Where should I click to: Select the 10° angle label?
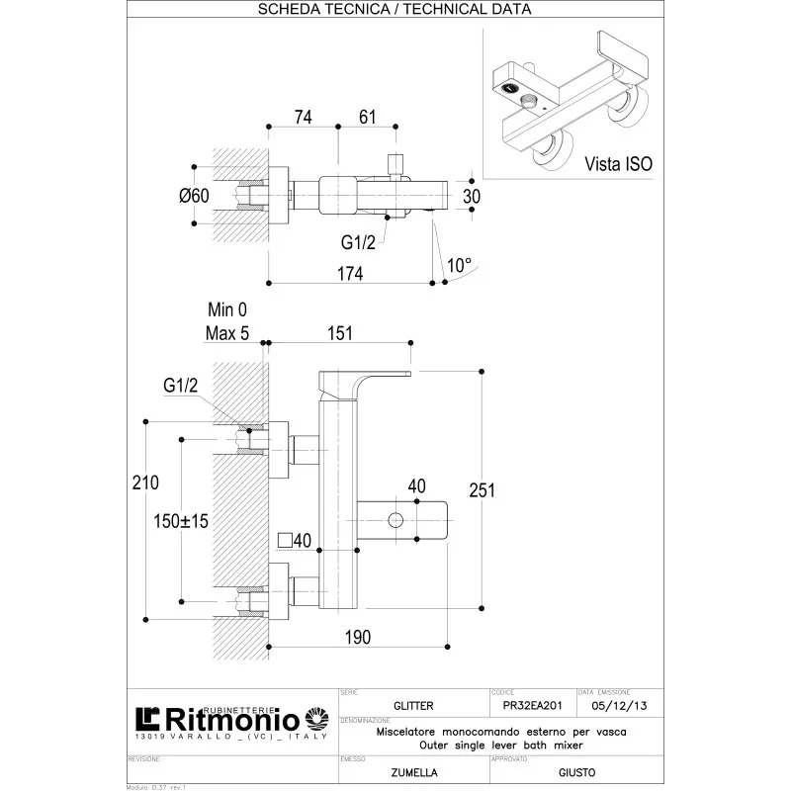460,264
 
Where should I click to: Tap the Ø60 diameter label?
194,196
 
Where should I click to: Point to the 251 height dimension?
508,489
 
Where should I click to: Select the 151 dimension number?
339,334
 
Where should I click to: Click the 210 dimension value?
145,483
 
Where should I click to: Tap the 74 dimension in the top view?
303,117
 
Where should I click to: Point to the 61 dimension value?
367,117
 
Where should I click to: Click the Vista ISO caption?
618,164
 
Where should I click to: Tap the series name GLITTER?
413,706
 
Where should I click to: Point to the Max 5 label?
227,333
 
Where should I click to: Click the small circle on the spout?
396,520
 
